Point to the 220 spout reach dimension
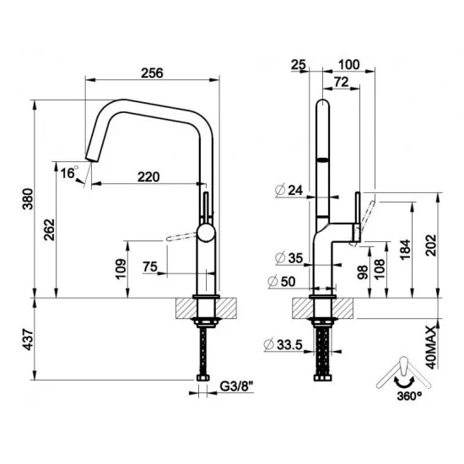pyautogui.click(x=148, y=177)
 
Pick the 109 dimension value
pyautogui.click(x=120, y=269)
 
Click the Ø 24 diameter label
pyautogui.click(x=288, y=191)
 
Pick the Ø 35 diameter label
pyautogui.click(x=288, y=257)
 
